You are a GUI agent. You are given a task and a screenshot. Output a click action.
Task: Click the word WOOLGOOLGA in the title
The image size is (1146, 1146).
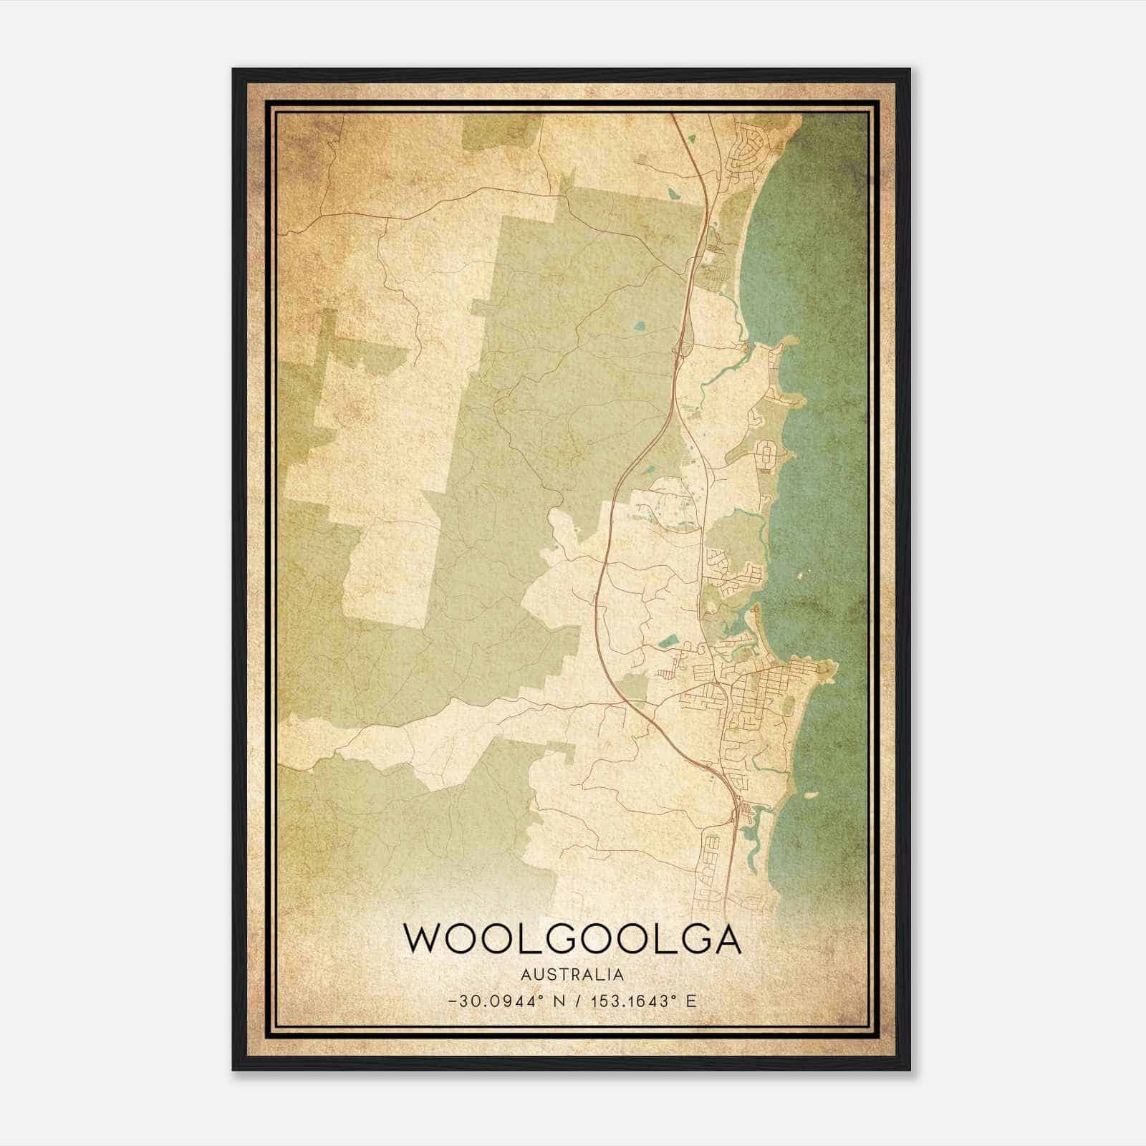(572, 939)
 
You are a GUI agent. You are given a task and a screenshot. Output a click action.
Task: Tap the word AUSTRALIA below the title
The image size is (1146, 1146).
(572, 974)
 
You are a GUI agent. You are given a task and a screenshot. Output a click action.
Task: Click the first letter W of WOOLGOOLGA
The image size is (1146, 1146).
(422, 939)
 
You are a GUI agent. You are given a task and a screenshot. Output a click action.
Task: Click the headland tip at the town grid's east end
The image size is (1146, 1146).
(831, 668)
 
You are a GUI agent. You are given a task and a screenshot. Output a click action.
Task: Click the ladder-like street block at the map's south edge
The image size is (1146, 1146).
(713, 860)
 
